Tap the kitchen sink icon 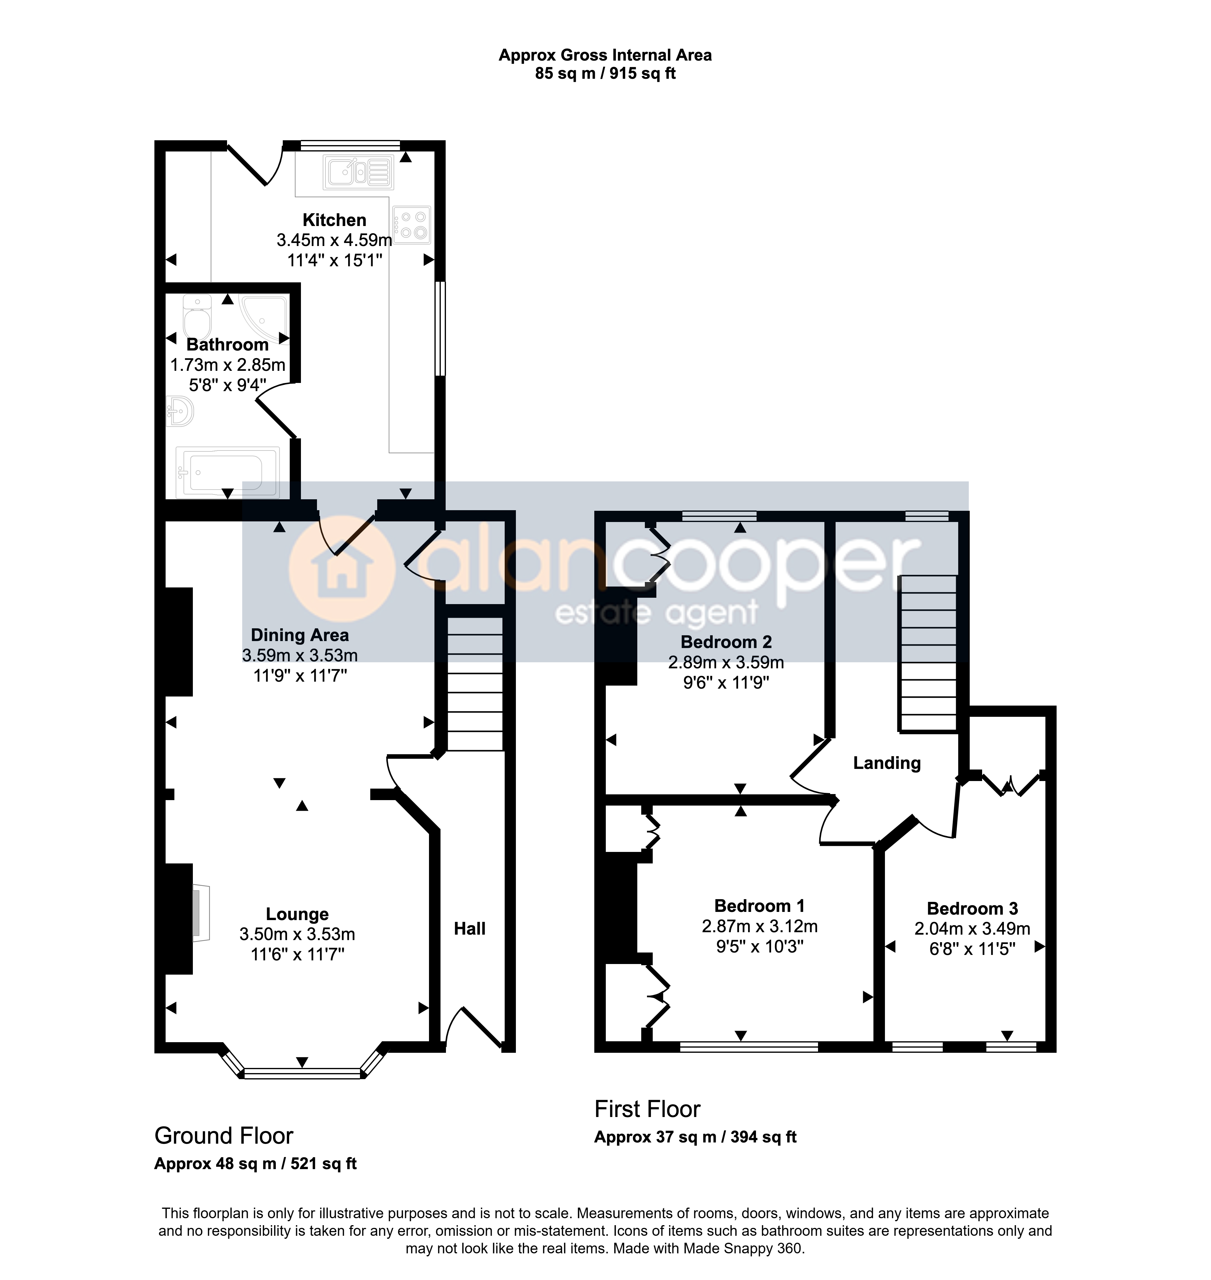tap(359, 172)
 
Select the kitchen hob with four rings tap(411, 225)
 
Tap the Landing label tap(887, 763)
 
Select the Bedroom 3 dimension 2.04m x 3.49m tap(972, 929)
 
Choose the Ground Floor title tap(224, 1136)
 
